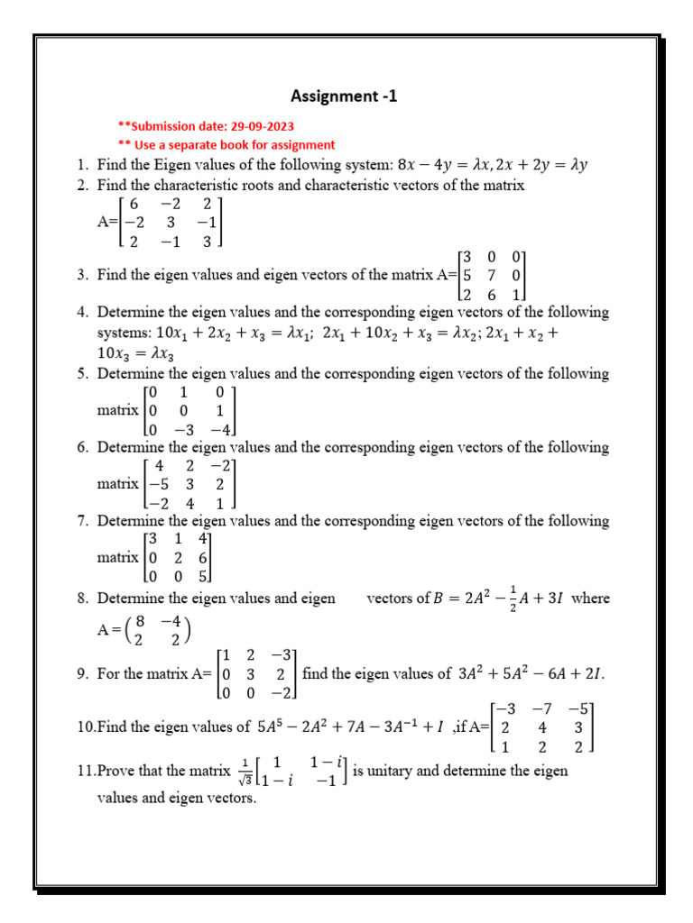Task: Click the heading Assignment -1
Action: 343,96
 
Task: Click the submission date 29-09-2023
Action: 260,126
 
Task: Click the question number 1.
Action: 81,165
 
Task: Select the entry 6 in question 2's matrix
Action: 133,205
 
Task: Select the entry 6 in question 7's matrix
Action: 204,558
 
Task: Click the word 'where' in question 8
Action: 591,599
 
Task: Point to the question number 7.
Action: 81,521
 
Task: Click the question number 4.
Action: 81,313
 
